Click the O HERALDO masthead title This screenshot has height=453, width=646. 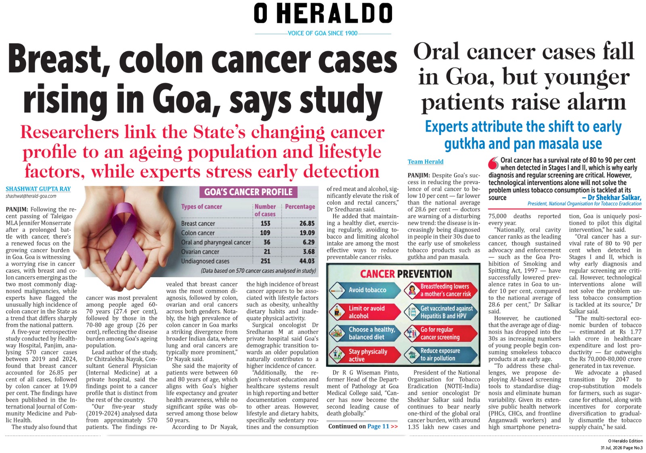point(323,14)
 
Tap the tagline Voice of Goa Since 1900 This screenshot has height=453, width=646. point(323,33)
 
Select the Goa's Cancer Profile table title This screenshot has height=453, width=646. point(248,192)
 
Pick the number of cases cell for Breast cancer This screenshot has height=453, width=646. point(265,223)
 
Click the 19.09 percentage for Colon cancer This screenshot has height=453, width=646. point(306,233)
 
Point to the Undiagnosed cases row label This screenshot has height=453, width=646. point(205,261)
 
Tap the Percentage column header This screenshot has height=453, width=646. point(300,206)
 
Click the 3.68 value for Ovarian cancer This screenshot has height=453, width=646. point(308,251)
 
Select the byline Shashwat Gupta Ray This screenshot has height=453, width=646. point(38,189)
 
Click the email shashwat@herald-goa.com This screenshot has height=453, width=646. point(31,196)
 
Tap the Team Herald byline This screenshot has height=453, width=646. point(426,162)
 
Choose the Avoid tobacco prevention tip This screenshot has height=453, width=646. point(365,290)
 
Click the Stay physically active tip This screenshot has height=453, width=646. point(365,355)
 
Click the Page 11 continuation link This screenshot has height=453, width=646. point(378,426)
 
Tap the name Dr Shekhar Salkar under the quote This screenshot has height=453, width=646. point(614,198)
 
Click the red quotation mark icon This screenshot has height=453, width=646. point(493,163)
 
